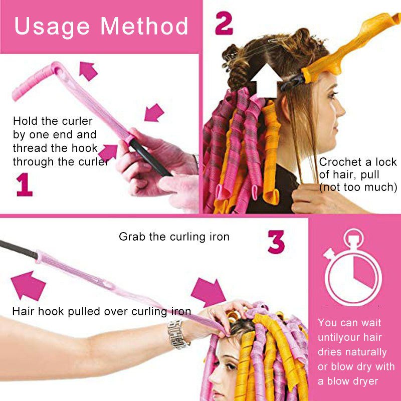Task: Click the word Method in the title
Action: click(x=144, y=26)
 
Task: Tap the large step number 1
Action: click(x=24, y=184)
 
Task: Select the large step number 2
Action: click(x=224, y=23)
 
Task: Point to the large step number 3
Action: click(x=276, y=242)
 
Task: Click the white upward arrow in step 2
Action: click(x=266, y=81)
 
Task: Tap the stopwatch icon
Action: click(x=353, y=267)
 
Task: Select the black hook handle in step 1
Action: click(x=150, y=158)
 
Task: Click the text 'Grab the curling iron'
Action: click(x=174, y=237)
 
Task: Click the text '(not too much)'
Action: click(x=358, y=187)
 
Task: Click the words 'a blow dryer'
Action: click(x=348, y=381)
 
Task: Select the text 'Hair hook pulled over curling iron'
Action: click(x=102, y=311)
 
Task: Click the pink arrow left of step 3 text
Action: click(x=28, y=285)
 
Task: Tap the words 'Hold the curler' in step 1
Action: click(x=53, y=121)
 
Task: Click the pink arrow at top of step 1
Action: click(x=88, y=71)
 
